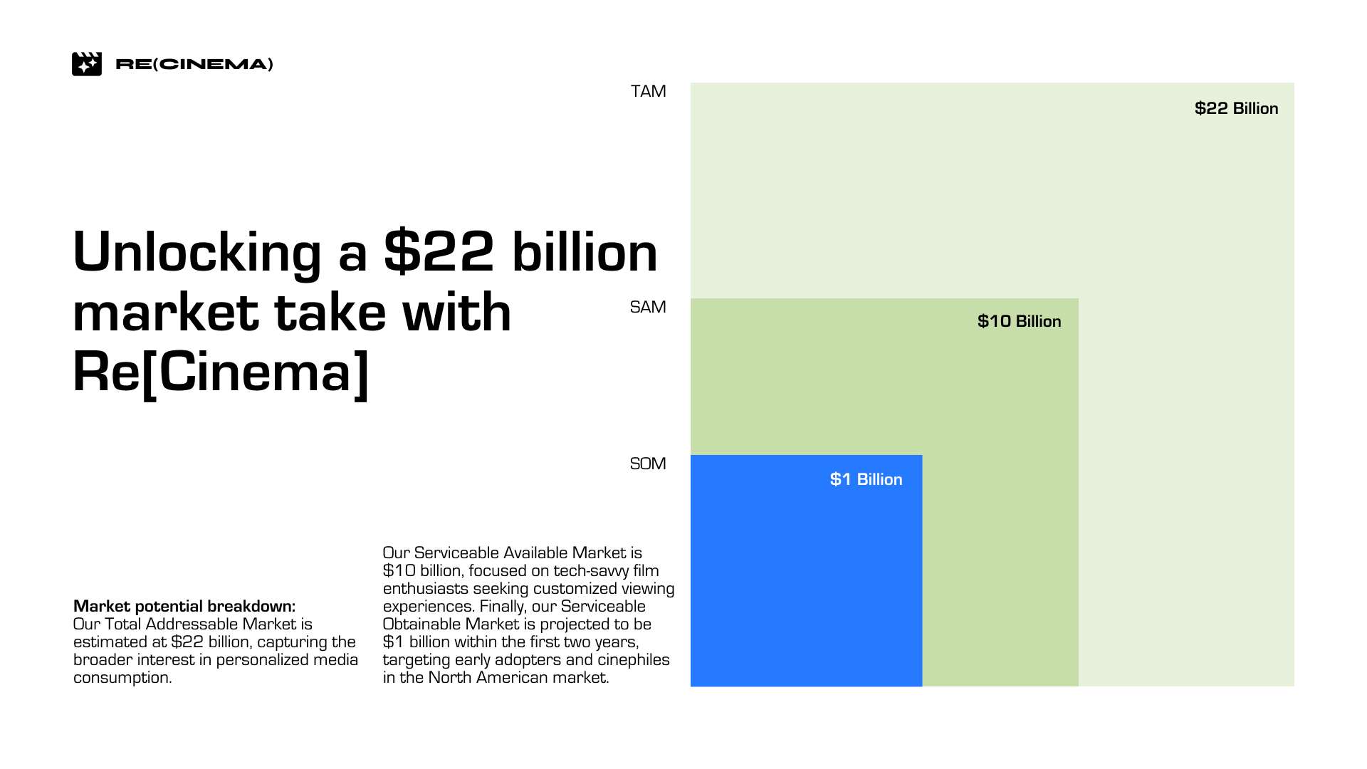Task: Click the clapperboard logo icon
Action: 87,64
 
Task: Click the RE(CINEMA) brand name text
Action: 194,64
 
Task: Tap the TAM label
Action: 648,91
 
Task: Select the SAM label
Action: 648,307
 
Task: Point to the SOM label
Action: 648,464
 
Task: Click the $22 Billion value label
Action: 1236,108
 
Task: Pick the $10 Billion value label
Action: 1019,321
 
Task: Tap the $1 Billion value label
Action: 866,479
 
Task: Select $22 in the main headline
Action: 439,252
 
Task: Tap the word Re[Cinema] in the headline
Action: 221,372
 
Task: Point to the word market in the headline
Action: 165,313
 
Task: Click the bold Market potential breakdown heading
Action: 184,606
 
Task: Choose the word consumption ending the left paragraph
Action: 122,678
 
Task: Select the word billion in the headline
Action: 585,252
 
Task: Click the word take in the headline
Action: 330,313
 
